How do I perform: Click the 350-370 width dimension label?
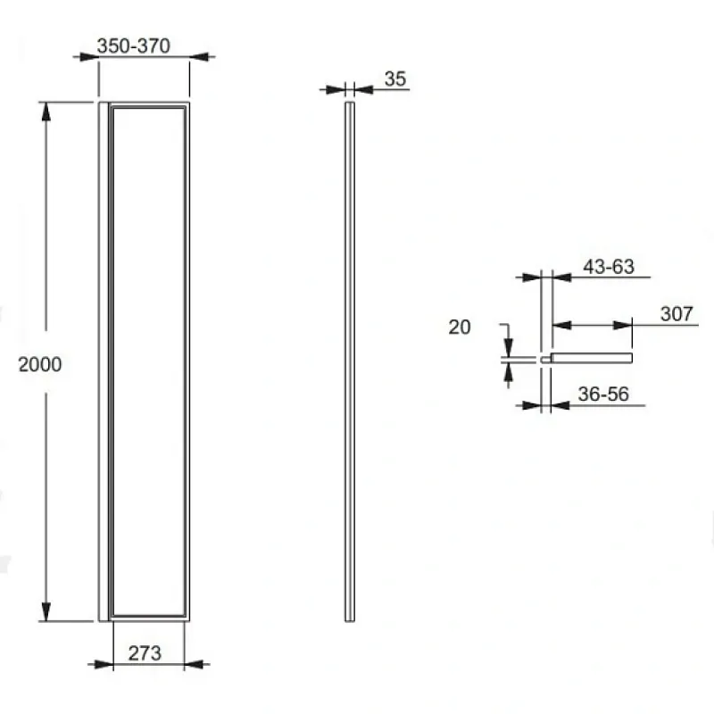tap(133, 46)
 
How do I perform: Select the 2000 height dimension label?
tap(40, 364)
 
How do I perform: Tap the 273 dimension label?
tap(145, 653)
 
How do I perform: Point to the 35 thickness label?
tap(394, 79)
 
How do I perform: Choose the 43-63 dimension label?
tap(609, 266)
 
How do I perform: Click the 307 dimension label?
tap(677, 314)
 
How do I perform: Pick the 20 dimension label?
tap(459, 327)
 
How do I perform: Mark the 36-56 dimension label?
tap(603, 394)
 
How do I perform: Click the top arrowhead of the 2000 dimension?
tap(46, 112)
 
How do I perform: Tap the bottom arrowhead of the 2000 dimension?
tap(46, 611)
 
